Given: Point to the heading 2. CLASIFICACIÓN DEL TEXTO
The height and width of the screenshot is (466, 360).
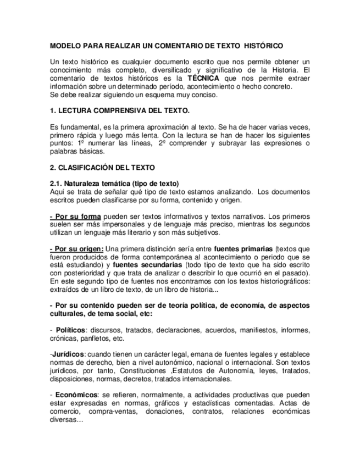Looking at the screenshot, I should (x=102, y=167).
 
